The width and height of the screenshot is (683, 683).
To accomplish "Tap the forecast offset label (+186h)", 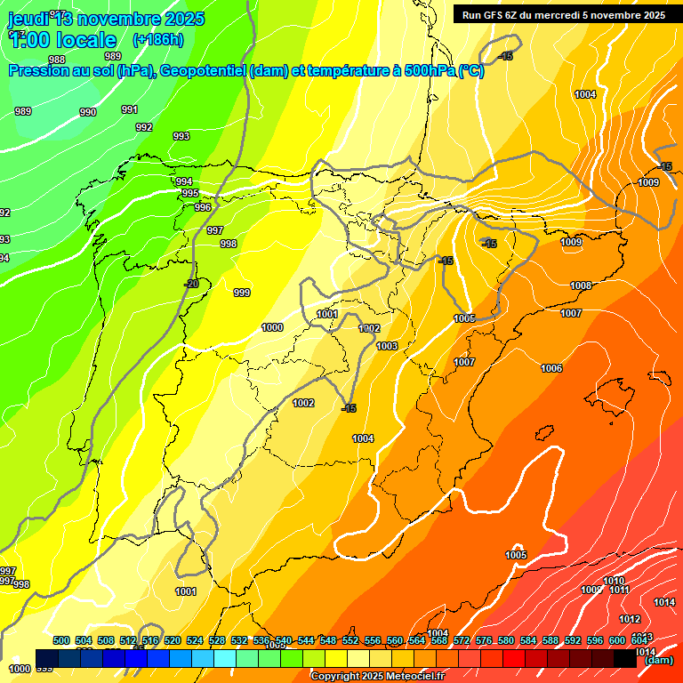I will (158, 40).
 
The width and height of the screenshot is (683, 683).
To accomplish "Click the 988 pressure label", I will (57, 60).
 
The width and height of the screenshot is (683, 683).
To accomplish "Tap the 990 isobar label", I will (88, 112).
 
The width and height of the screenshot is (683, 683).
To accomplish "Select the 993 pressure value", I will (181, 136).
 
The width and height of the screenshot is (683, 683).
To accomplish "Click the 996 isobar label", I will (203, 207).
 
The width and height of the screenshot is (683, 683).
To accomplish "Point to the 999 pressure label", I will (242, 293).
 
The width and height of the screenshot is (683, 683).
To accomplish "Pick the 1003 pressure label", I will (387, 346).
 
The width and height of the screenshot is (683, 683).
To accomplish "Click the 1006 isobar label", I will (551, 368).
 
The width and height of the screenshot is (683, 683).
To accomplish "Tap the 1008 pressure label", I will (581, 285).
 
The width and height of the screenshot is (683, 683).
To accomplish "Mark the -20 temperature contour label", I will (191, 284).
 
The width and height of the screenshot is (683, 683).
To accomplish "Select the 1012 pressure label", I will (630, 619).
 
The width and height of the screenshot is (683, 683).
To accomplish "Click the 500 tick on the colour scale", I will (61, 640).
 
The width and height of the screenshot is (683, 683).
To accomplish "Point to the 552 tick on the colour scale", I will (350, 640).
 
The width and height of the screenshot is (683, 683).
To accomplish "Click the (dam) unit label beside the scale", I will (659, 660).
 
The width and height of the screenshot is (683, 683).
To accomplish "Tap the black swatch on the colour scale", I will (625, 658).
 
